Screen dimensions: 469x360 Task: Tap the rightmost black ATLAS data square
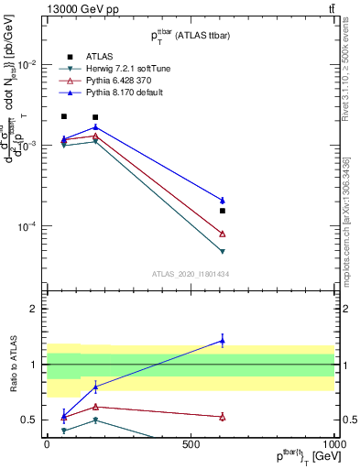pos(222,211)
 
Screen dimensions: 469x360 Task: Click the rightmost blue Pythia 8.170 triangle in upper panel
pos(222,200)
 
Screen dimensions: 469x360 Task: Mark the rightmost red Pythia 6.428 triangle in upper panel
pos(222,234)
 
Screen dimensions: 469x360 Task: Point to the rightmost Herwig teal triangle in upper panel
pos(222,251)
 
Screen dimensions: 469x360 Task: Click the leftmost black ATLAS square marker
pos(63,116)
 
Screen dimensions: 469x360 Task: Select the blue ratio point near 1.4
pos(222,341)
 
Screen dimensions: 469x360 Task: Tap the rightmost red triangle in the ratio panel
pos(222,417)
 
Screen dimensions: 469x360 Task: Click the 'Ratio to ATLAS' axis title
pos(12,365)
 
